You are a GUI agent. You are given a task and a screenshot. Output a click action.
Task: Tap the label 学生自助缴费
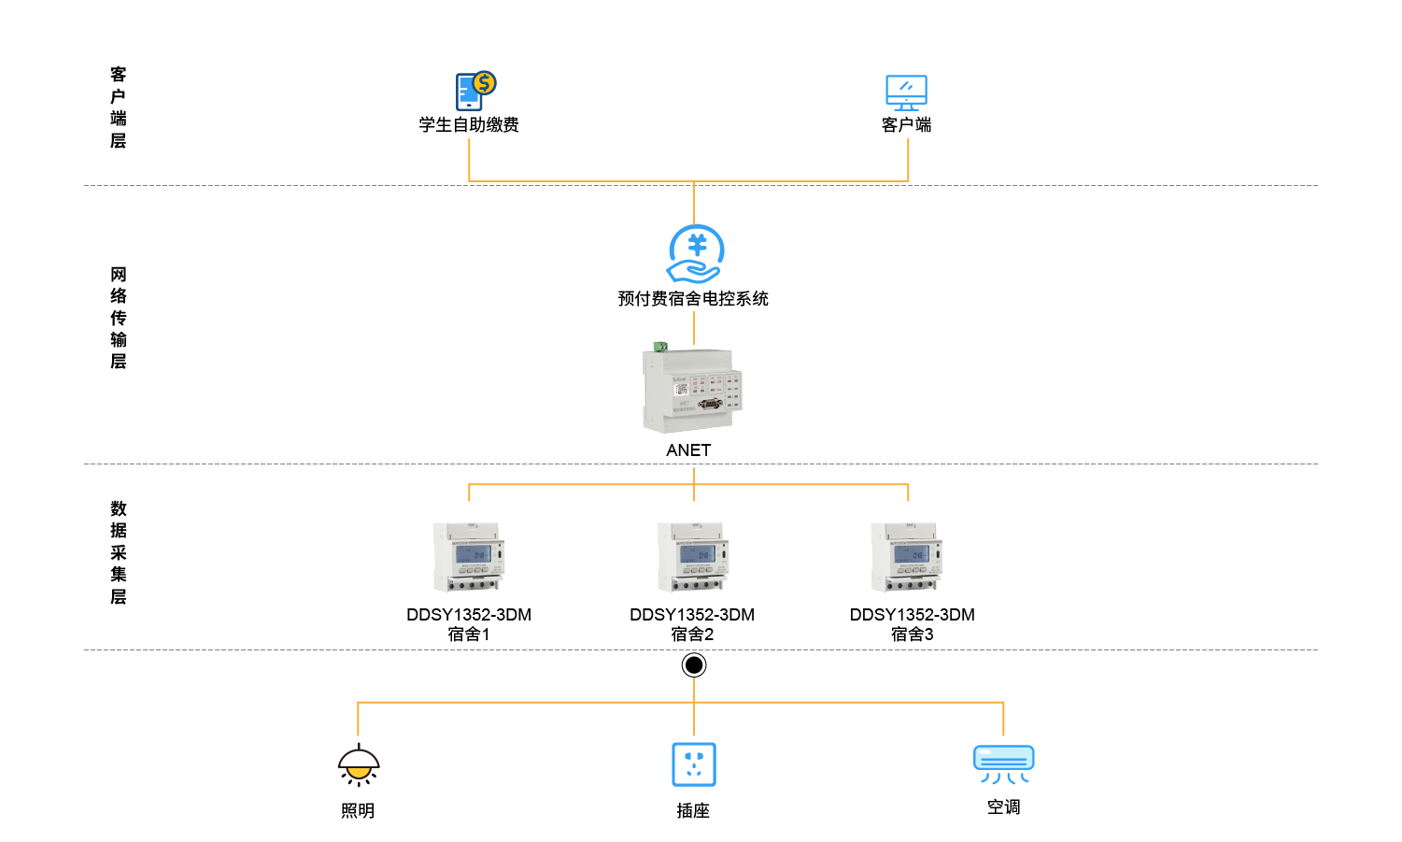point(469,125)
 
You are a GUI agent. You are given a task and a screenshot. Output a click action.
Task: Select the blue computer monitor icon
point(906,93)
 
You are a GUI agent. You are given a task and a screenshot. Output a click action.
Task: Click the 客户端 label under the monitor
point(906,125)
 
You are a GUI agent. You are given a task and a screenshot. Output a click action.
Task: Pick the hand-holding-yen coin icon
point(695,253)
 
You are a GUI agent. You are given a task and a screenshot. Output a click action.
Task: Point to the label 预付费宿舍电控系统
point(693,299)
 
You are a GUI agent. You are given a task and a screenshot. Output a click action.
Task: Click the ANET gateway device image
point(692,390)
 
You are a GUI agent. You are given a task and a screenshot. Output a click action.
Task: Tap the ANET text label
point(688,450)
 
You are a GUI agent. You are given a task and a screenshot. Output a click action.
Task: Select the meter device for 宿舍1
point(469,557)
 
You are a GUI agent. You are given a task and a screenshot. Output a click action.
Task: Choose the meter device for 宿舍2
point(693,557)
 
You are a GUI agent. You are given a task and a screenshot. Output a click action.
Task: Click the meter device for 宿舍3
point(907,557)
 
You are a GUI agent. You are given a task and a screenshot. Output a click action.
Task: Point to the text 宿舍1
point(469,635)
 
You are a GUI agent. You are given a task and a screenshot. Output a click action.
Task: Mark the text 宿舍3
point(913,635)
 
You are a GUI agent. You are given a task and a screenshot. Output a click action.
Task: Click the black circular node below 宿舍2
point(694,665)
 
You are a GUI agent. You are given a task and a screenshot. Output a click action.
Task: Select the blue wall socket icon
point(694,764)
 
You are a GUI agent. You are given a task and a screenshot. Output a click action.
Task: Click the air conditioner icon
point(1004,764)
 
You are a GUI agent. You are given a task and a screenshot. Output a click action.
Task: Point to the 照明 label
point(358,811)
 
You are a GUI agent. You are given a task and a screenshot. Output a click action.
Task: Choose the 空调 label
point(1004,807)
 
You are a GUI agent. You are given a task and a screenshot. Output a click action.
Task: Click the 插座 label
point(693,811)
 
